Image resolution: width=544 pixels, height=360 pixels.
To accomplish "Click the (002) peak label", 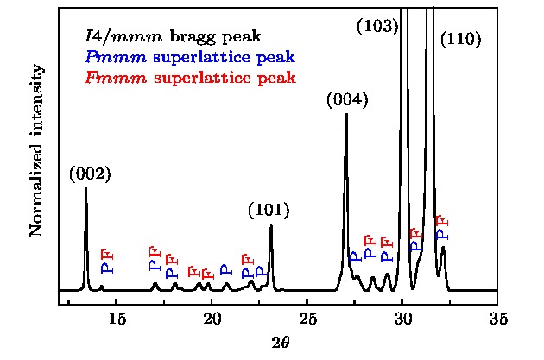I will (x=91, y=174).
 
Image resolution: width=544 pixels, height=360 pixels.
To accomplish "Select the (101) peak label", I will (x=269, y=210).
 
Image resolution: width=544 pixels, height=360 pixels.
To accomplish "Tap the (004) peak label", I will (x=348, y=100).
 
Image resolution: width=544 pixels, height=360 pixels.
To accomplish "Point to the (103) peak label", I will (x=377, y=27).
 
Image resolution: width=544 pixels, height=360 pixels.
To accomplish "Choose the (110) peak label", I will (x=461, y=40).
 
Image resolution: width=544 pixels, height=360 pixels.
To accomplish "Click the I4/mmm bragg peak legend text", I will (x=173, y=37).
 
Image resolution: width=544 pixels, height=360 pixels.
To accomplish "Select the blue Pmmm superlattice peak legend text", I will (x=190, y=58).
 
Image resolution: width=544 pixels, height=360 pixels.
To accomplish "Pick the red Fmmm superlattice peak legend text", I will (x=190, y=78).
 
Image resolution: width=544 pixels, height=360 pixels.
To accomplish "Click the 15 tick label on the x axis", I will (x=117, y=319).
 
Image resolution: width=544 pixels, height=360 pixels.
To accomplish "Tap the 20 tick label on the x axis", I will (x=212, y=319).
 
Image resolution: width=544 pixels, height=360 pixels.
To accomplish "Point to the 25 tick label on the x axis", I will (x=307, y=319).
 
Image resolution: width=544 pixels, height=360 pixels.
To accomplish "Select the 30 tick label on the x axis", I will (x=402, y=319).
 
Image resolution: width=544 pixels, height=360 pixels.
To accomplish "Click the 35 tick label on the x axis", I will (x=497, y=319).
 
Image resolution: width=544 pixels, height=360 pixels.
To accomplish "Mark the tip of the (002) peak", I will (x=85, y=188).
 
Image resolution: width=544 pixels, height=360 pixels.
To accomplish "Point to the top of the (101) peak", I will (x=271, y=225).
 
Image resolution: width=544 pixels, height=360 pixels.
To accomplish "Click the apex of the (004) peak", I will (x=346, y=114).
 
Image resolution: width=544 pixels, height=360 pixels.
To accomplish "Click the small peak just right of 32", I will (x=443, y=248).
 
